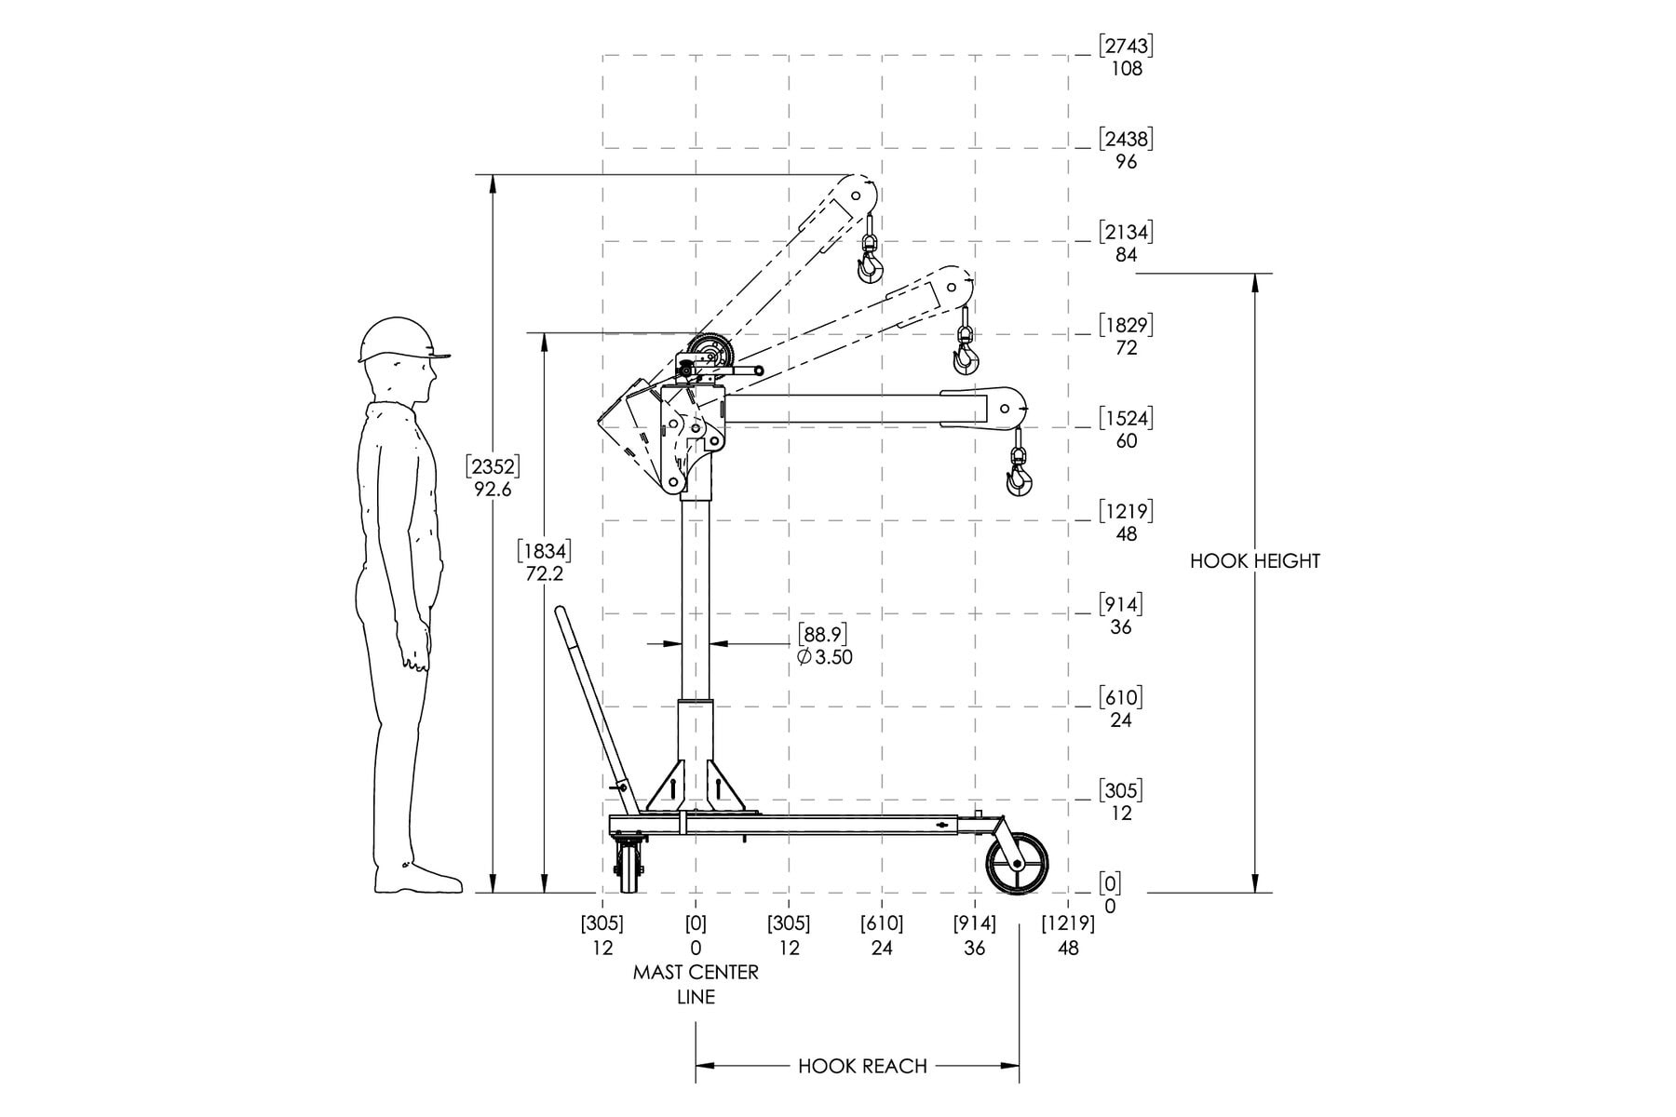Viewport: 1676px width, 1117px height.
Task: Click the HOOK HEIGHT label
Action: [x=1254, y=561]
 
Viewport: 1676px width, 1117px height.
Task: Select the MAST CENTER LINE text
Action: [x=696, y=984]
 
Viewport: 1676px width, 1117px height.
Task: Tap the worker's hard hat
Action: [x=403, y=341]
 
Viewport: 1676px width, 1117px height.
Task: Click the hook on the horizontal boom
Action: [x=1020, y=473]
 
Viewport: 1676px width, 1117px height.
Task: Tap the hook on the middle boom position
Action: [x=966, y=349]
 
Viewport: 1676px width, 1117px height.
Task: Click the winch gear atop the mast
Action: [x=711, y=356]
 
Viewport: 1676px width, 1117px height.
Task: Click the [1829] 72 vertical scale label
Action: [x=1126, y=336]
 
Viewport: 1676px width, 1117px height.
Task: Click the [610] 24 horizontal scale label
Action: [x=882, y=935]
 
